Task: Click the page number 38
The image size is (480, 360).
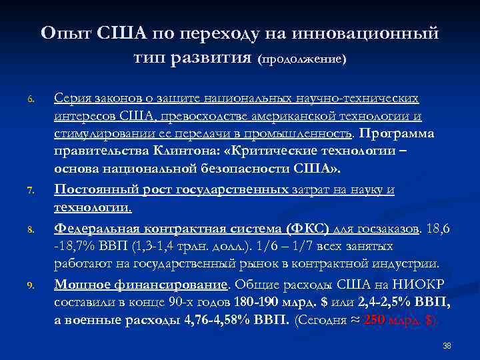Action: coord(447,346)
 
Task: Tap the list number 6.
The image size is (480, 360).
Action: coord(31,100)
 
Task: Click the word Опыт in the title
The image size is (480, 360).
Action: coord(67,32)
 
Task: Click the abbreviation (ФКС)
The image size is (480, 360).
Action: coord(305,228)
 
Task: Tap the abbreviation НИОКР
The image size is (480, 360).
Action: coord(423,283)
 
